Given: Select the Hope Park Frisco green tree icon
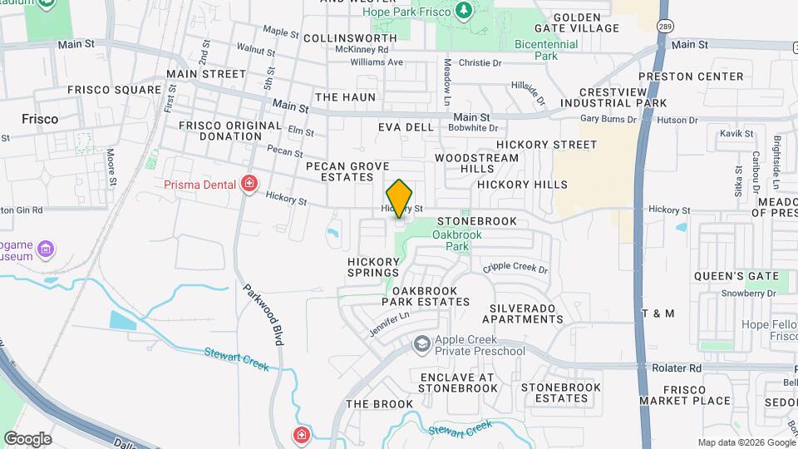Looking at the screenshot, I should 464,11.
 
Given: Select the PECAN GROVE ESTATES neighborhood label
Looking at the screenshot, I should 347,171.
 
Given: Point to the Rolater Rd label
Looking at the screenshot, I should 677,368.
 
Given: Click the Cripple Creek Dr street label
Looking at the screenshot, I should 515,269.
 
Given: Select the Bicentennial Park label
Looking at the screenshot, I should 547,50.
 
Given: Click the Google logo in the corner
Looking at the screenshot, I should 27,439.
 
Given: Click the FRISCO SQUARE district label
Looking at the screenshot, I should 114,90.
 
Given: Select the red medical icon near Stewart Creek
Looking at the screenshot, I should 302,435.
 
